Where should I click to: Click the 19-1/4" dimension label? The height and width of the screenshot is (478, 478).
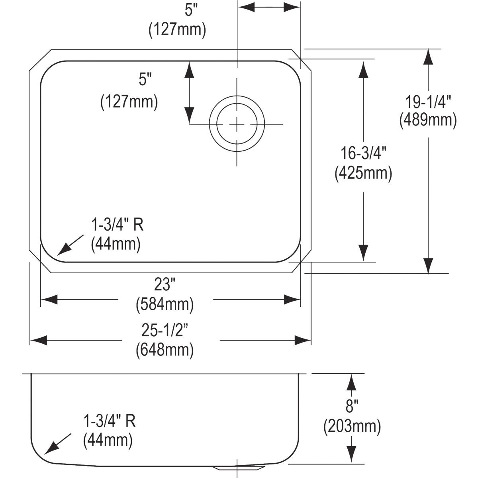tap(428, 102)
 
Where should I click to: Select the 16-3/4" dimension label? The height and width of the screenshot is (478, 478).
tap(363, 153)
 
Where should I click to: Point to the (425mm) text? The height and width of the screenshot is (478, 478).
tap(363, 173)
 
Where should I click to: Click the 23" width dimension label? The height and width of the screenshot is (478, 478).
tap(165, 284)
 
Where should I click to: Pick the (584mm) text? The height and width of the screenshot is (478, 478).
tap(165, 304)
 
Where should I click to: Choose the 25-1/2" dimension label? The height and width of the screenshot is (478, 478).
tap(165, 330)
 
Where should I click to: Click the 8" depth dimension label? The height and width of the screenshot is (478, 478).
tap(352, 406)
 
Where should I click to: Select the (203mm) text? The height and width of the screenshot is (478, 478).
tap(352, 427)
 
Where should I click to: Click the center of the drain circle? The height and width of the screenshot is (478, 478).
tap(237, 124)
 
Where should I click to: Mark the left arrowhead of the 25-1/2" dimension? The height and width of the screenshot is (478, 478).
tap(39, 340)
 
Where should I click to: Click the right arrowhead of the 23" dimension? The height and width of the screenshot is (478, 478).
tap(292, 300)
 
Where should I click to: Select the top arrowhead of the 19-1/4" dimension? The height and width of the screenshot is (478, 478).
tap(428, 57)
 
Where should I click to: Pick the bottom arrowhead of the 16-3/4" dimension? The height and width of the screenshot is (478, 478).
tap(363, 253)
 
